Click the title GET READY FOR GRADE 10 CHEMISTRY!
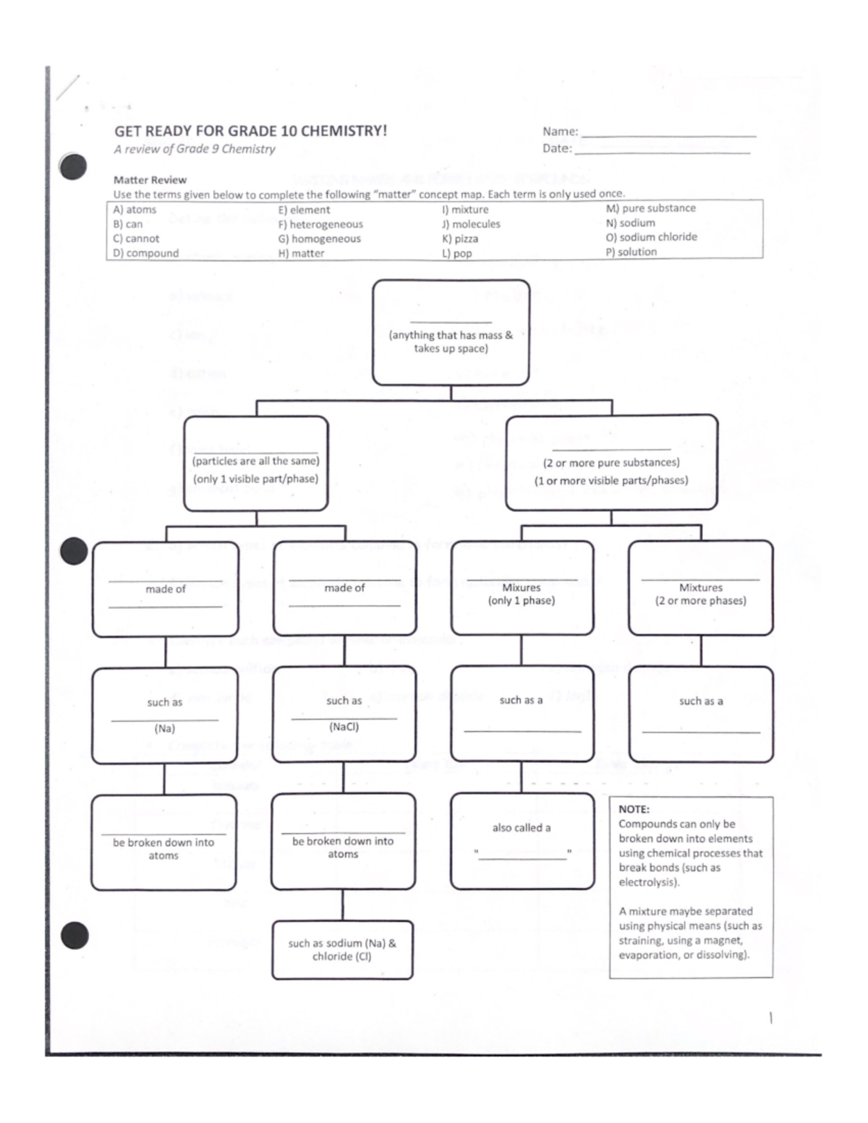click(250, 131)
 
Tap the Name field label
click(560, 132)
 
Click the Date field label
click(557, 148)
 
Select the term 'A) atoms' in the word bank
click(135, 210)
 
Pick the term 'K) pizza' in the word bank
click(460, 239)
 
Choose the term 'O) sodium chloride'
click(651, 237)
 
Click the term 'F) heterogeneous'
click(320, 224)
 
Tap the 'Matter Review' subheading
click(150, 180)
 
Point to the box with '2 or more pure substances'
click(611, 463)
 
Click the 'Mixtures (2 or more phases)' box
click(700, 589)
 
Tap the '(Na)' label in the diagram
click(165, 729)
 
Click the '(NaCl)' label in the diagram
click(344, 727)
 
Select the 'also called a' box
click(522, 841)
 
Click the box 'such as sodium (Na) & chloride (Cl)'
click(342, 949)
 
